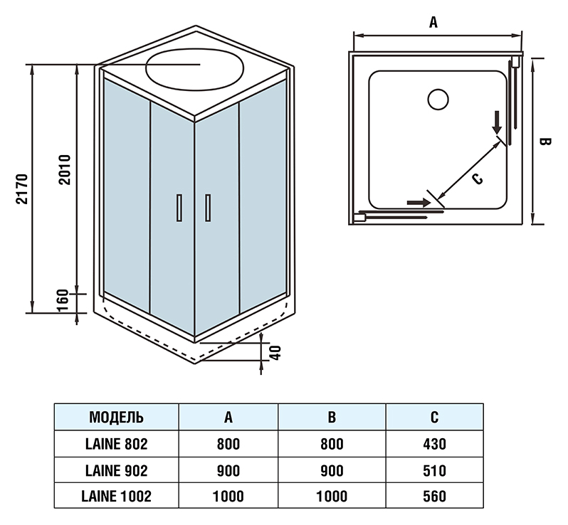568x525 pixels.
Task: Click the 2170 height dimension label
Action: pos(21,188)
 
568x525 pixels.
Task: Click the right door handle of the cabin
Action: pos(207,208)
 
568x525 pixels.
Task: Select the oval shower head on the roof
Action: pos(194,68)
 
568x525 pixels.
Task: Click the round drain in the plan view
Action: pos(438,97)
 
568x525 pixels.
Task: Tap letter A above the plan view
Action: pos(433,22)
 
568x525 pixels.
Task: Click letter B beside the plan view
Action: pos(545,142)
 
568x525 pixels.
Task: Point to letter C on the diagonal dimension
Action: pos(478,179)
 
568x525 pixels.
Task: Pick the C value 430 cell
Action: pos(433,445)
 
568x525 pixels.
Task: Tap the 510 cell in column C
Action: pos(433,471)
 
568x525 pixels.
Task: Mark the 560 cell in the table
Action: pos(433,497)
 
